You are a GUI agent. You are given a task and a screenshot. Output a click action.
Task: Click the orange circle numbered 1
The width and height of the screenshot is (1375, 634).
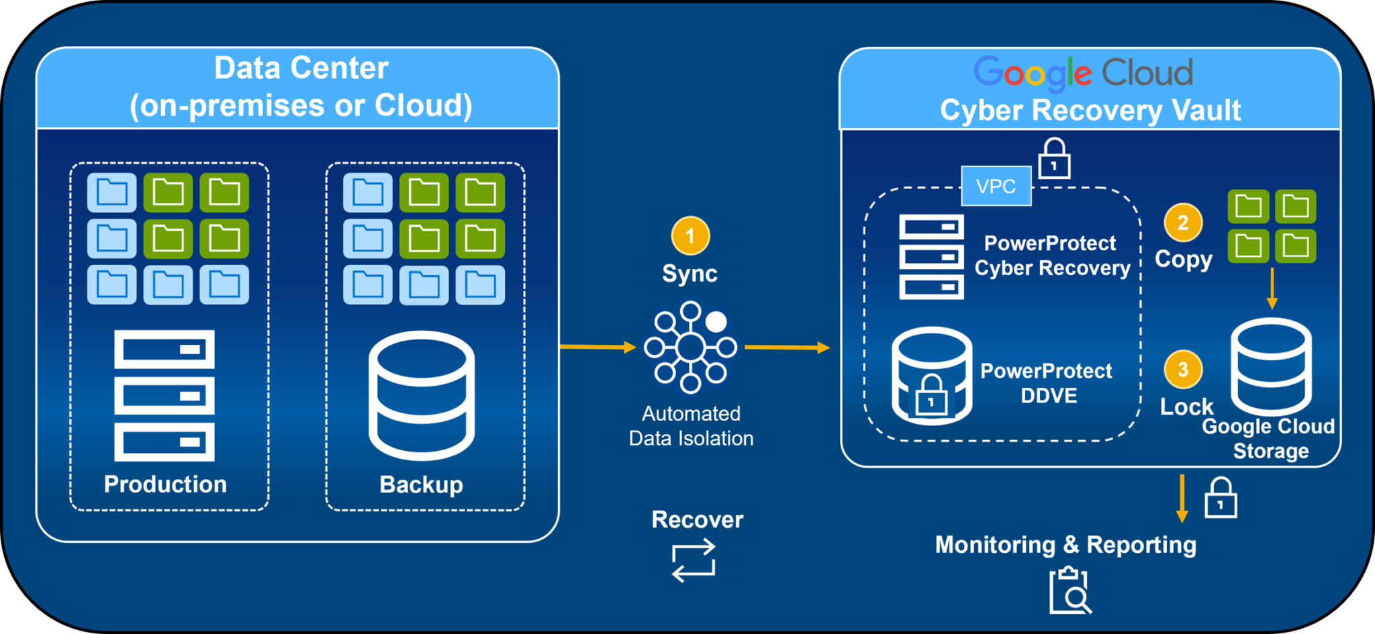pos(690,235)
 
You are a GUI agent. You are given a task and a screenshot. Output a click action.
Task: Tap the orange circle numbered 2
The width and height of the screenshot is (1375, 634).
pos(1183,222)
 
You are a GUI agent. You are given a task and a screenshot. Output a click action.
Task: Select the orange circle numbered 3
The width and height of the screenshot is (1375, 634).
pos(1183,369)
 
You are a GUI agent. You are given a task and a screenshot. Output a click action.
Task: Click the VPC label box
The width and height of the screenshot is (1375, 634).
pos(996,186)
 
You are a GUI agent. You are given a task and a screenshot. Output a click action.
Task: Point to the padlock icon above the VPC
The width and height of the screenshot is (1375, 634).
pos(1054,159)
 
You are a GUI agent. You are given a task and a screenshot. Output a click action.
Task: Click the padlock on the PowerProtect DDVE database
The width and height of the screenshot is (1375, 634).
pos(931,397)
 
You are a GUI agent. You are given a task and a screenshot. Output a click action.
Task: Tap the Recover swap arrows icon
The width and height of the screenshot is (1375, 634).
pos(694,561)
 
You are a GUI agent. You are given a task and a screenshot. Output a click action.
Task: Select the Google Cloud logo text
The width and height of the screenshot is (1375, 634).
pos(1083,72)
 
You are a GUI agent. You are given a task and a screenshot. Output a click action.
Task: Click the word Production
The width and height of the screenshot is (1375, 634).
pos(165,484)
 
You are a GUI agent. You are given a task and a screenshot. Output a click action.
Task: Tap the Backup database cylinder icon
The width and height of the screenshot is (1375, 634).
pos(422,395)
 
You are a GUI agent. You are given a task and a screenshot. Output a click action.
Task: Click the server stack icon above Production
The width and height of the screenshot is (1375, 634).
pos(164,395)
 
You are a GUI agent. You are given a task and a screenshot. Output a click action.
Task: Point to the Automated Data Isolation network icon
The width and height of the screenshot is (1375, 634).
pos(690,348)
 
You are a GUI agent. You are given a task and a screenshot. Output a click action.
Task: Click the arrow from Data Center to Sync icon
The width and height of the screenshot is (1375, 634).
pos(598,347)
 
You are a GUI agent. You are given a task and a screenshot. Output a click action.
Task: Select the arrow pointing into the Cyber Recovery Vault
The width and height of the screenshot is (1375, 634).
pos(787,348)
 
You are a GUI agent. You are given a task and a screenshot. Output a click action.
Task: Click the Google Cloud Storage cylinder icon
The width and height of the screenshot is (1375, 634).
pos(1271,367)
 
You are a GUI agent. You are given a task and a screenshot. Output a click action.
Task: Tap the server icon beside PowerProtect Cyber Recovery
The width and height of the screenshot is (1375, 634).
pos(931,257)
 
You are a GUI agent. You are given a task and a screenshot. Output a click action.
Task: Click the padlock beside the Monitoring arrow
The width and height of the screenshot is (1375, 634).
pos(1221,498)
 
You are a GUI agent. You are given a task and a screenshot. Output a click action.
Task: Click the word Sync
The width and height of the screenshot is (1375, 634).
pos(690,274)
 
